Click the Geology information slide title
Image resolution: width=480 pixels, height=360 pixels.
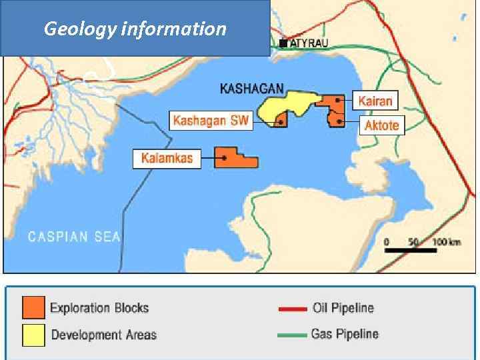tap(135, 29)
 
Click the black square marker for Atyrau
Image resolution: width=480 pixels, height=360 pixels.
tap(283, 43)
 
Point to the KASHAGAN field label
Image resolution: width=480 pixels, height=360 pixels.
tap(252, 87)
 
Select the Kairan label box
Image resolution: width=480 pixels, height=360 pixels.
tap(376, 101)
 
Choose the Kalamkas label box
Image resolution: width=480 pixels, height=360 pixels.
tap(167, 158)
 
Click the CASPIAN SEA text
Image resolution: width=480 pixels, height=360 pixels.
tap(73, 236)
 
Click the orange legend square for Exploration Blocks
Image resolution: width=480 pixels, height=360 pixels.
tap(33, 307)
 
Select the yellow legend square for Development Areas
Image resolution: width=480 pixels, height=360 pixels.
tap(33, 335)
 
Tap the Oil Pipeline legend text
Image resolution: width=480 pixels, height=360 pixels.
tap(343, 308)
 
